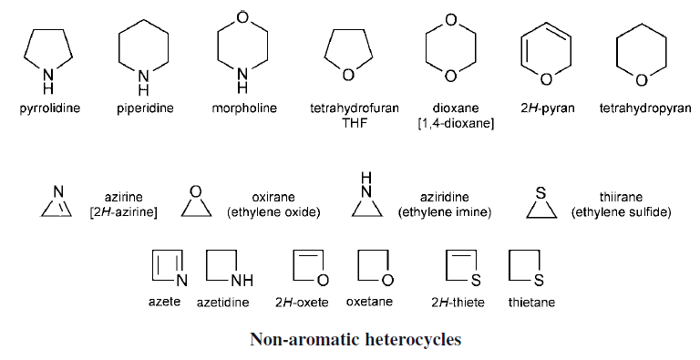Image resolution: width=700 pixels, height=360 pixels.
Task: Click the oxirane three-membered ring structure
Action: click(192, 205)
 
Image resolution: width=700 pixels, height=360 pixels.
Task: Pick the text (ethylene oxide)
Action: click(273, 212)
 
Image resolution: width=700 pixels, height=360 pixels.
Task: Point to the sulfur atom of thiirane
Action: click(540, 192)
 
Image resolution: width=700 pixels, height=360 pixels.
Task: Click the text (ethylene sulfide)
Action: click(621, 212)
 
